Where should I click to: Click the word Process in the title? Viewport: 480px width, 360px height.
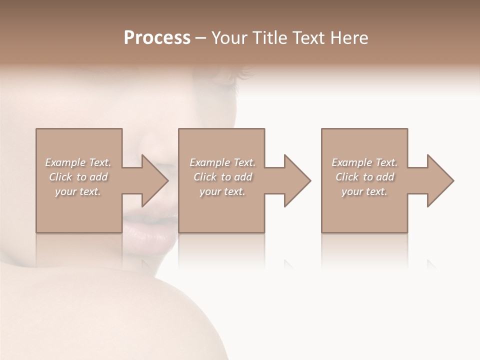click(157, 38)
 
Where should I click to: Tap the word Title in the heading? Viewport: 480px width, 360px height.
click(268, 38)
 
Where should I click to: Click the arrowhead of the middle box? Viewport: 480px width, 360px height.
click(296, 180)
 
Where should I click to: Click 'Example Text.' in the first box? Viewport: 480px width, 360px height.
click(78, 162)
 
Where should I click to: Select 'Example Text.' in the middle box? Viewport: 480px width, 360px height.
click(222, 162)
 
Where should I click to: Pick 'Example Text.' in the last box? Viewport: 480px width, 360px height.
click(364, 162)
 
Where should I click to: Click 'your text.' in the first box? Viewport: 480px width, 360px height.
click(78, 191)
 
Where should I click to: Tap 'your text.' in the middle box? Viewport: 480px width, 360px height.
click(222, 191)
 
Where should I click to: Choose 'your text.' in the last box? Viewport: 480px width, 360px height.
click(364, 191)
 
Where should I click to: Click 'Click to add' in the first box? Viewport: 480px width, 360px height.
click(78, 177)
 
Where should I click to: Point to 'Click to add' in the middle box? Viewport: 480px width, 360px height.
click(222, 177)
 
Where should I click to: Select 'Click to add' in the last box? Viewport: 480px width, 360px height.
click(364, 177)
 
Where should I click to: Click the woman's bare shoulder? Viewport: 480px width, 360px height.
click(100, 315)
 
